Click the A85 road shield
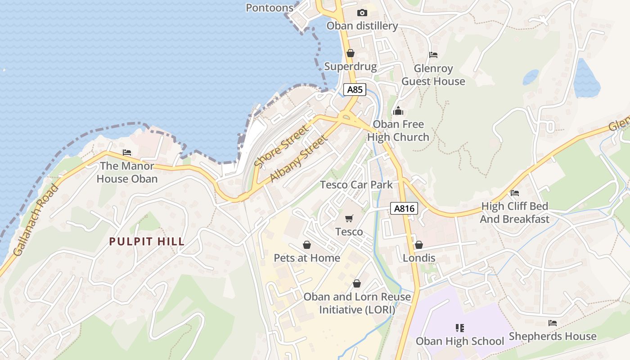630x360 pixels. point(355,89)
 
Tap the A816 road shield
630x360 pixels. point(404,208)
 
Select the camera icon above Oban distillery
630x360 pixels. point(362,13)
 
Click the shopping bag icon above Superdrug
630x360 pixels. point(351,53)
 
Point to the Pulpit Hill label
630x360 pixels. point(147,242)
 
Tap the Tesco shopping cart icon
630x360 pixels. point(349,219)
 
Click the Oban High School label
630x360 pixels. point(459,341)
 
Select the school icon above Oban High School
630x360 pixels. point(459,328)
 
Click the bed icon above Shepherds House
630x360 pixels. point(553,323)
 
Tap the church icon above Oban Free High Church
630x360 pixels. point(398,111)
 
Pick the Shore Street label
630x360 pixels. point(282,147)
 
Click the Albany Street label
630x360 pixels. point(298,160)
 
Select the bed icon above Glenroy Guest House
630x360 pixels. point(433,55)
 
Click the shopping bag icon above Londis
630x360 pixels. point(418,245)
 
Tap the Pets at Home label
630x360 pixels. point(307,258)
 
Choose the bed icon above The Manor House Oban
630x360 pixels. point(127,153)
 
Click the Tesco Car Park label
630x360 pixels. point(356,184)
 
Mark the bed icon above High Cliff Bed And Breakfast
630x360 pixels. point(515,193)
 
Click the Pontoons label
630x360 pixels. point(270,8)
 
